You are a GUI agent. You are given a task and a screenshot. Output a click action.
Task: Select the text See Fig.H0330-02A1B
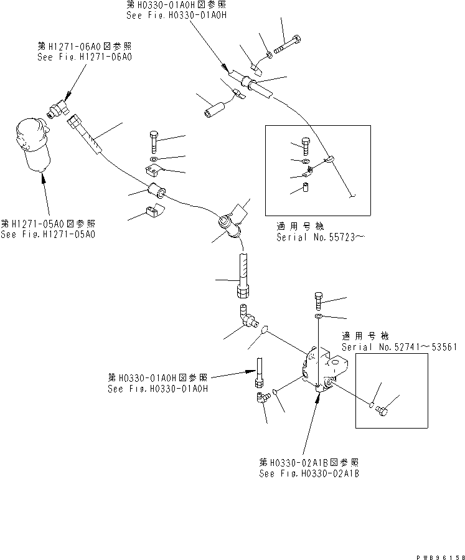(309, 473)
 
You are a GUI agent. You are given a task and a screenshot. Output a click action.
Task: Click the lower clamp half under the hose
(152, 212)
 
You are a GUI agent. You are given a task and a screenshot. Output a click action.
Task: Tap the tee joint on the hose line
(228, 222)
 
